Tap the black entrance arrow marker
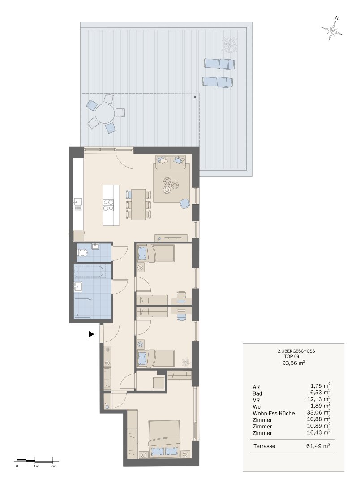click(91, 334)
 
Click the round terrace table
click(105, 113)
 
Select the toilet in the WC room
click(82, 253)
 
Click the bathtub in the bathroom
click(90, 272)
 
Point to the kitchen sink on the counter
click(78, 204)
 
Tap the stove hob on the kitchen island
click(108, 205)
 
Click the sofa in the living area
click(171, 162)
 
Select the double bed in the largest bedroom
click(164, 439)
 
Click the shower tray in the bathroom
click(82, 308)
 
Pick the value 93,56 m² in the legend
click(294, 363)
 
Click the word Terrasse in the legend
click(264, 446)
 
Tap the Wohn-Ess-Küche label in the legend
click(274, 413)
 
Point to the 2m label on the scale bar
click(53, 466)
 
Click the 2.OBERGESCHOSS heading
click(296, 351)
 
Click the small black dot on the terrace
click(195, 97)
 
